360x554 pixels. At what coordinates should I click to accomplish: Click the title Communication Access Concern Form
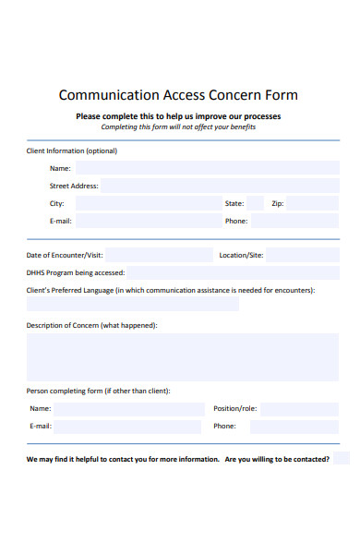[x=178, y=95]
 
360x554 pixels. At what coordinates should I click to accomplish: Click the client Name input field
[x=207, y=168]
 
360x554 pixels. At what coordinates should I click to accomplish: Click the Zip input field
[x=314, y=203]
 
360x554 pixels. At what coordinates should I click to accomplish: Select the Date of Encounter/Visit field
[x=160, y=255]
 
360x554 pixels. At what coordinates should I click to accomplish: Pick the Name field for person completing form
[x=129, y=409]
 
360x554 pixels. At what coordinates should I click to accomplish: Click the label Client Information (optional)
[x=72, y=151]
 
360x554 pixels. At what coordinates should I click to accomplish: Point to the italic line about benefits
[x=178, y=127]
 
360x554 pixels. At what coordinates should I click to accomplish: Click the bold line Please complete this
[x=178, y=116]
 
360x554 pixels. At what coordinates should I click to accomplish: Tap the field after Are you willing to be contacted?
[x=342, y=459]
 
